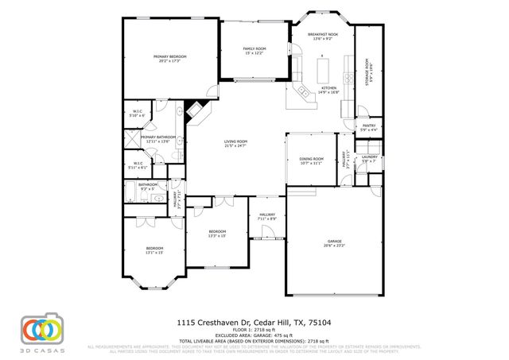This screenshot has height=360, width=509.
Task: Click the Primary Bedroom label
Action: tap(170, 58)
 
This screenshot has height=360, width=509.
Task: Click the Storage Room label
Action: tap(367, 72)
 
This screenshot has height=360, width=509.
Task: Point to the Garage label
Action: tap(335, 243)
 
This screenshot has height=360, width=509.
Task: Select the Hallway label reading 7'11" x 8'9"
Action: tap(266, 216)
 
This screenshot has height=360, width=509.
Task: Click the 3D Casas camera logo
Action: tap(41, 329)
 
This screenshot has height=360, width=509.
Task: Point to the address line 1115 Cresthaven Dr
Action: tap(254, 322)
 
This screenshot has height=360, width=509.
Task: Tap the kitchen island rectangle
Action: tap(324, 72)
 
